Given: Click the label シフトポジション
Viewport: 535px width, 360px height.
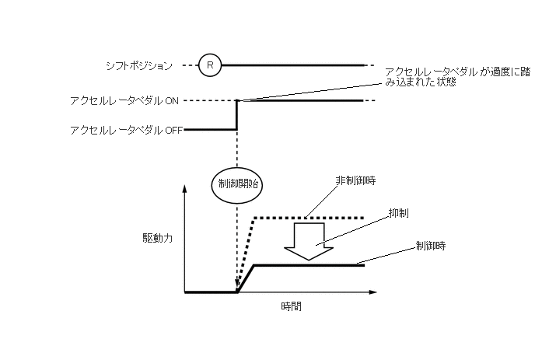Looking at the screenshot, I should click(138, 66).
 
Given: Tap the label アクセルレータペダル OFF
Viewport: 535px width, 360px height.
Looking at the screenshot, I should click(125, 130).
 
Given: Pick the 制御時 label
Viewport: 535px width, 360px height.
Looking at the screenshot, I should click(430, 246).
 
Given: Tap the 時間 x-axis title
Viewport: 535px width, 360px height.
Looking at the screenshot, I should click(291, 306).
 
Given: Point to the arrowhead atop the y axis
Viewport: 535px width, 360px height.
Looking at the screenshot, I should click(185, 187).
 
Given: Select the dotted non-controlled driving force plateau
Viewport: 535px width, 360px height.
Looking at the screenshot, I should click(311, 217).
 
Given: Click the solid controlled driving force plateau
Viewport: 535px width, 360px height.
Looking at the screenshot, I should click(311, 266).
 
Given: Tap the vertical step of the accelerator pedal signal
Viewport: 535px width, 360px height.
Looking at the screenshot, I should click(236, 117).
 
